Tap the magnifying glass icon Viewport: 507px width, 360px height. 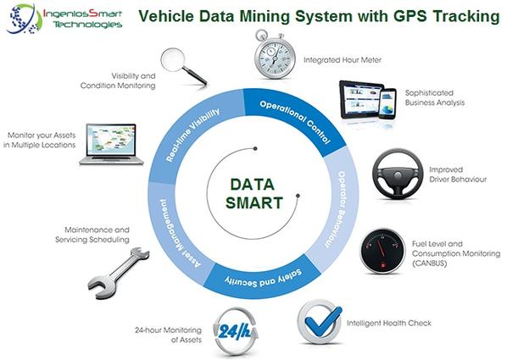tap(183, 66)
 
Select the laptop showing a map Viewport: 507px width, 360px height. tap(112, 144)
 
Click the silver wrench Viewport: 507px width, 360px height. tap(119, 273)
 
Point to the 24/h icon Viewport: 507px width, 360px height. tap(236, 331)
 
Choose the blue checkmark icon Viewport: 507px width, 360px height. tap(320, 321)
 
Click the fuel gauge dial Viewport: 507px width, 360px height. tap(382, 252)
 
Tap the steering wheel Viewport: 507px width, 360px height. tap(398, 173)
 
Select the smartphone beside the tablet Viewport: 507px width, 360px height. tap(387, 103)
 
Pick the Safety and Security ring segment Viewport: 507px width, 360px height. tap(263, 278)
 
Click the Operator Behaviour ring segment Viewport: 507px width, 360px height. tap(338, 207)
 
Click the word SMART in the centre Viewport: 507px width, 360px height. tap(254, 203)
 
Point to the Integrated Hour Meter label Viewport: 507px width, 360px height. tap(343, 60)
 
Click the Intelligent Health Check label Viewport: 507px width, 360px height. tap(389, 323)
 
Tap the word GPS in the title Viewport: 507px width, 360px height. tap(410, 16)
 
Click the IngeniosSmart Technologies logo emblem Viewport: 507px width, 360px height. tap(24, 19)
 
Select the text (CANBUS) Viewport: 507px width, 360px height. tap(429, 263)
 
